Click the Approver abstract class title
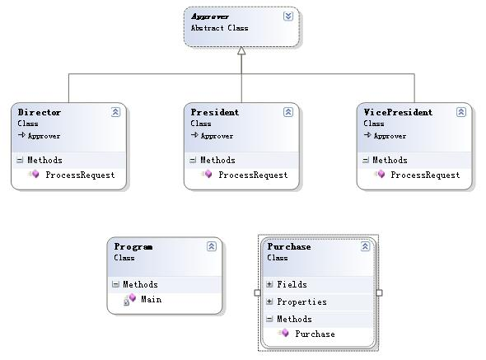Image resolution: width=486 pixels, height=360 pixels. pyautogui.click(x=210, y=16)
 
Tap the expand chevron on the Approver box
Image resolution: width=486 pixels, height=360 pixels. pyautogui.click(x=288, y=16)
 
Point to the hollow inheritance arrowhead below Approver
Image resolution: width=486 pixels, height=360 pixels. pyautogui.click(x=241, y=50)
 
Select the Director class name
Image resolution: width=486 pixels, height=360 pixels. pyautogui.click(x=39, y=112)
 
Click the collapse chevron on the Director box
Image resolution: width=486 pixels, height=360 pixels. pyautogui.click(x=115, y=112)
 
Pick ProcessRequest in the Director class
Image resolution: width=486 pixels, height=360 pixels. pyautogui.click(x=80, y=175)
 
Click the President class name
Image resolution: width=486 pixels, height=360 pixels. pyautogui.click(x=214, y=112)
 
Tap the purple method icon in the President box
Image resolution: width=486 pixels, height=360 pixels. pyautogui.click(x=208, y=174)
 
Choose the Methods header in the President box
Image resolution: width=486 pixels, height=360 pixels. pyautogui.click(x=217, y=160)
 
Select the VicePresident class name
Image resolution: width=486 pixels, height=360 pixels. pyautogui.click(x=398, y=112)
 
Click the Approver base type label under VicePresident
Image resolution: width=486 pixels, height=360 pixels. pyautogui.click(x=390, y=136)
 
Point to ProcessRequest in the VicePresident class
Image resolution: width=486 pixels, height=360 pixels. pyautogui.click(x=425, y=175)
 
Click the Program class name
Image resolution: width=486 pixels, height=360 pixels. pyautogui.click(x=133, y=247)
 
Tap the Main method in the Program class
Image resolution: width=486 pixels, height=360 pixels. pyautogui.click(x=152, y=299)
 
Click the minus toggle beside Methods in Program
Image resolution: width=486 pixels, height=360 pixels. pyautogui.click(x=115, y=284)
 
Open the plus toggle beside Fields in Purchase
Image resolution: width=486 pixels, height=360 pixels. pyautogui.click(x=269, y=284)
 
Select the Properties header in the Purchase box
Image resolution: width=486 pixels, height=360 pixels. pyautogui.click(x=301, y=302)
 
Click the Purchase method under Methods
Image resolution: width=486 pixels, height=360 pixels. pyautogui.click(x=315, y=334)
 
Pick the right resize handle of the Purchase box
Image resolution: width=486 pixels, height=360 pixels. pyautogui.click(x=379, y=292)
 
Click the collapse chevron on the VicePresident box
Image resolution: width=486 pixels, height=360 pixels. pyautogui.click(x=461, y=112)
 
